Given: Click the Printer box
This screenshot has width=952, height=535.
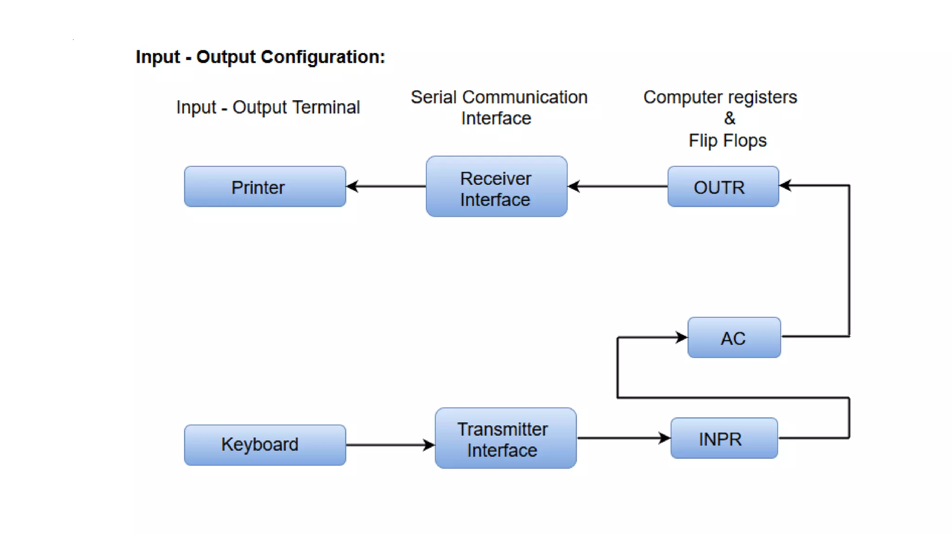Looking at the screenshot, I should coord(265,187).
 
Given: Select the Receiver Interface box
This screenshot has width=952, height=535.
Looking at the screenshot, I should coord(496,187).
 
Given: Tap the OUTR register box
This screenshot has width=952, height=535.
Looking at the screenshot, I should coord(723,187).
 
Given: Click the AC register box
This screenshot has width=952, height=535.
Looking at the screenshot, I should coord(734,338).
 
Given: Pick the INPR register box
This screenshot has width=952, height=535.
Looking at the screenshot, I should coord(724,438).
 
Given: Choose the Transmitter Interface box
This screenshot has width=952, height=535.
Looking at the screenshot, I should coord(505,438).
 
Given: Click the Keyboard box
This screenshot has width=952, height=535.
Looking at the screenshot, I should coord(265,445).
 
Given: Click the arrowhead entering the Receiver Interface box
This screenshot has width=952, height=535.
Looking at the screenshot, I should coord(574,187).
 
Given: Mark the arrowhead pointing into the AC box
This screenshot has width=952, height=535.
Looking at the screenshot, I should coord(681,337).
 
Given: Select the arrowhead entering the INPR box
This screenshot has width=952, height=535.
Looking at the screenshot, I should coord(665,438).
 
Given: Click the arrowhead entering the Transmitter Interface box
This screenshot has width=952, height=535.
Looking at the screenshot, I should coord(429,445).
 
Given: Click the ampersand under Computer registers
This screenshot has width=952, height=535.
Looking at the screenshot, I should coord(729,118).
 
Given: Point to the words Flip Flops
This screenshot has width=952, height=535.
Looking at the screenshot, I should coord(727,141).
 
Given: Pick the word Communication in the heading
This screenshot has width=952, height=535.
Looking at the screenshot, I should coord(525,98).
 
